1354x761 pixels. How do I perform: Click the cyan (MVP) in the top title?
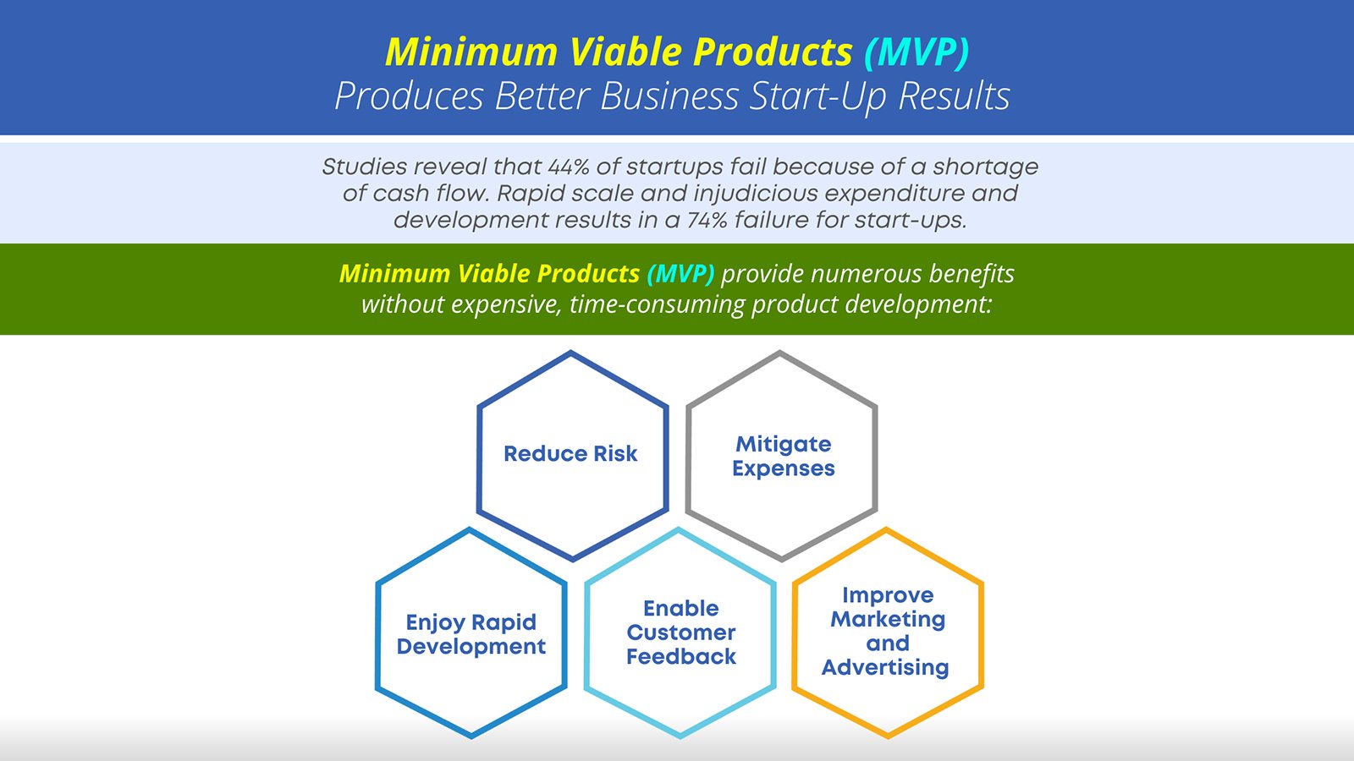coord(916,52)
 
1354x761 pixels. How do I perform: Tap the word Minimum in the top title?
coord(471,52)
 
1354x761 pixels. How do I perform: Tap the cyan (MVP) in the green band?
coord(680,274)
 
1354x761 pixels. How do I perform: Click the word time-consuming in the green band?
coord(657,304)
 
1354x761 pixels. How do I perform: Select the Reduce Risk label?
coord(570,453)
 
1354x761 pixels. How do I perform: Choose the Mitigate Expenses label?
coord(784,456)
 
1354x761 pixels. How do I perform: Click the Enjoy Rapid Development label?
coord(471,634)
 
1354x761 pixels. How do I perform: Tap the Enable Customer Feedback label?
coord(681,632)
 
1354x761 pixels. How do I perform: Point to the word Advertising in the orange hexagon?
coord(885,668)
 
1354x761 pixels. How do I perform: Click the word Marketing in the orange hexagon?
coord(888,620)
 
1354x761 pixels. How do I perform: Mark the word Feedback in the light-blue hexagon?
coord(681,656)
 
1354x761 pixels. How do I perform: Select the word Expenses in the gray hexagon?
coord(784,468)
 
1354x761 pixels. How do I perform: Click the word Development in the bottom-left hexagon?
coord(471,647)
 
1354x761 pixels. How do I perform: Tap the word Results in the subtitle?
coord(954,96)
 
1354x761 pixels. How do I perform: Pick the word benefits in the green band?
coord(971,274)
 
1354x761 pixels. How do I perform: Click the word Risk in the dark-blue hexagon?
coord(615,453)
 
